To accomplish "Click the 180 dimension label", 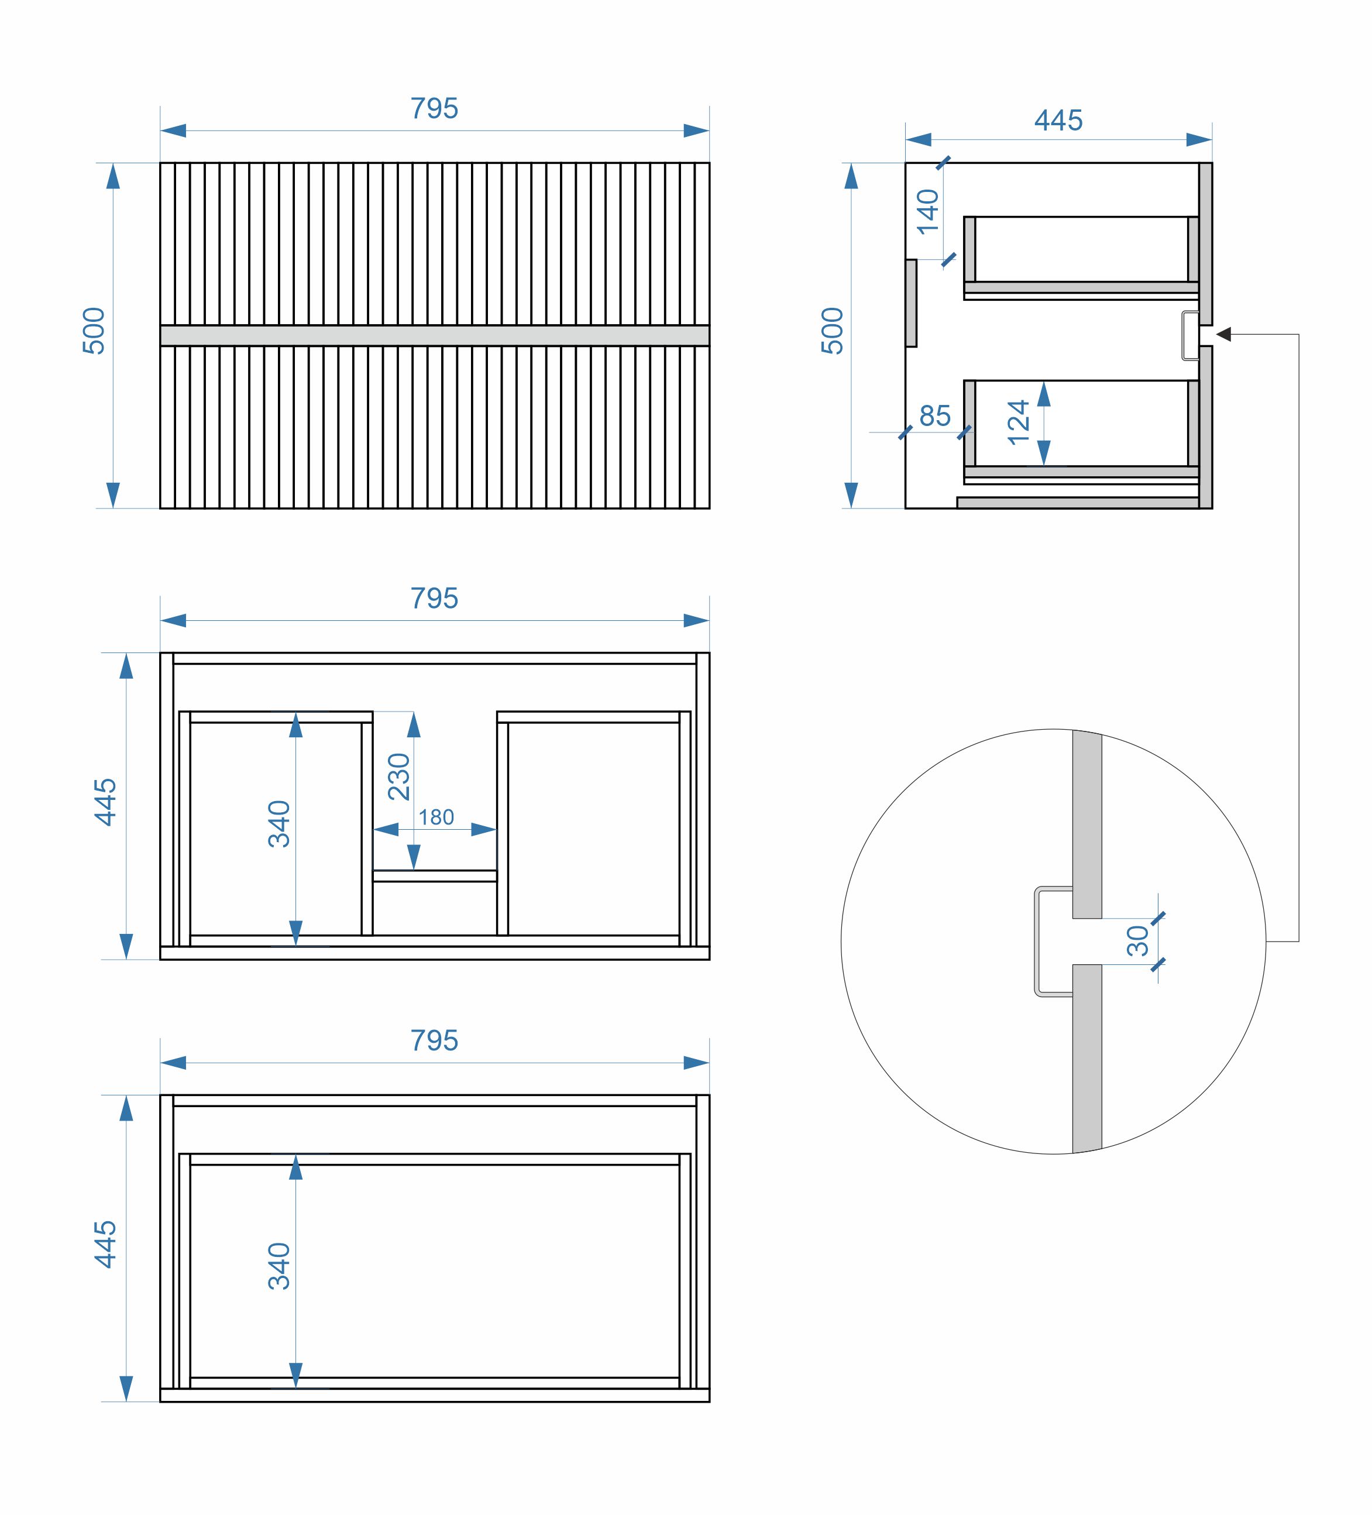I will (436, 817).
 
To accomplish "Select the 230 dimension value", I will (399, 777).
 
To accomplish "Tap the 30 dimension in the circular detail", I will (1137, 940).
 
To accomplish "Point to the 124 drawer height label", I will (1018, 422).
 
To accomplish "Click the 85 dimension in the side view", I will (935, 415).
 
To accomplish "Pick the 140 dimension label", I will (928, 211).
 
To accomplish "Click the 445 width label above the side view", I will (1058, 120).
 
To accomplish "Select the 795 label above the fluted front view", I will (434, 109).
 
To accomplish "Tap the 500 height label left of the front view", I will (94, 331).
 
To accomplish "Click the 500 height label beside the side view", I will (833, 331).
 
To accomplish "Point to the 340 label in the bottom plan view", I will (278, 1266).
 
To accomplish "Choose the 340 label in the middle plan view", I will (278, 825).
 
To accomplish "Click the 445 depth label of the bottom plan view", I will (105, 1245).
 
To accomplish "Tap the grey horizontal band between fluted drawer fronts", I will (434, 335).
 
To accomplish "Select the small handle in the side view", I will (1189, 335).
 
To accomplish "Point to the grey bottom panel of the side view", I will (1078, 503).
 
